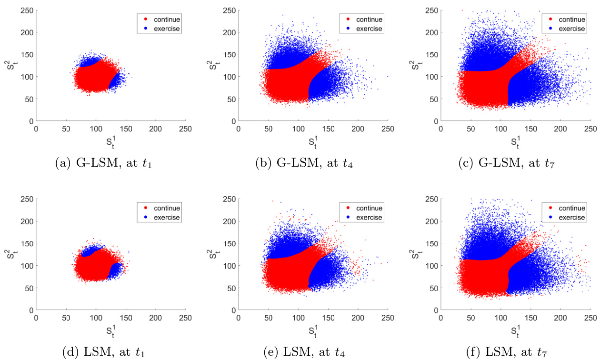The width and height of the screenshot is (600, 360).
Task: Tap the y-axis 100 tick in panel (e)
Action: tap(230, 266)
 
